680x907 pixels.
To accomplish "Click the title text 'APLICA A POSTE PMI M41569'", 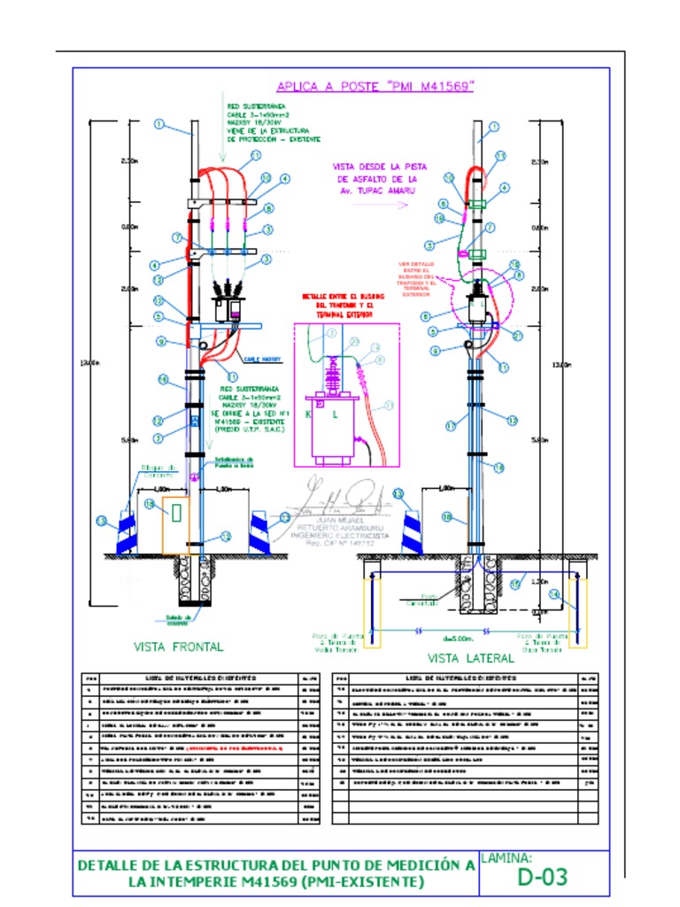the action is click(x=376, y=86).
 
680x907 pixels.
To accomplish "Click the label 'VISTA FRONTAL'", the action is click(x=178, y=647).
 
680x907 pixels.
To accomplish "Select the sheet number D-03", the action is click(x=543, y=877).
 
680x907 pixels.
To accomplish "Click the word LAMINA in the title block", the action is click(x=507, y=857).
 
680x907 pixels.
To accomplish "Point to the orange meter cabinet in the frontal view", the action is click(x=175, y=525).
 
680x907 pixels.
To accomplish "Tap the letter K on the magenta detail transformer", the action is click(x=309, y=414).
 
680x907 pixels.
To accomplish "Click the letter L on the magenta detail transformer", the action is click(x=332, y=415).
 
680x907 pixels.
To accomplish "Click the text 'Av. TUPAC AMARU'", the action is click(x=380, y=190).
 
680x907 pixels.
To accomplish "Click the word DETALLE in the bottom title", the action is click(x=110, y=865).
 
